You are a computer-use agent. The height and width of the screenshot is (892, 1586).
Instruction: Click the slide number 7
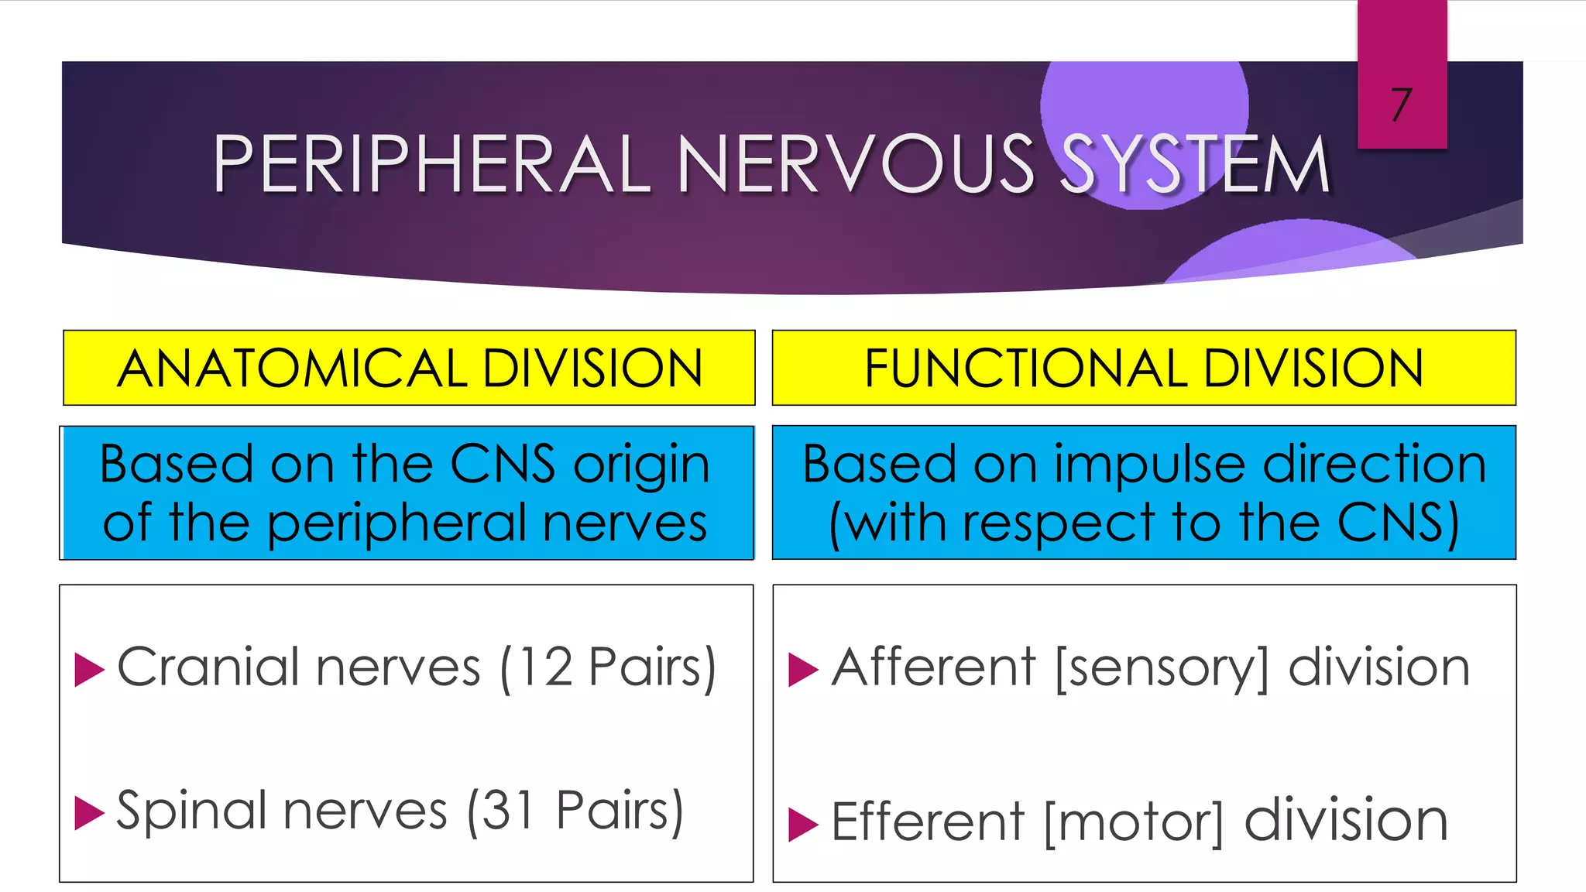1401,105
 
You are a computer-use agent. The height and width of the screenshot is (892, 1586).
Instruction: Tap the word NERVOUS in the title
856,164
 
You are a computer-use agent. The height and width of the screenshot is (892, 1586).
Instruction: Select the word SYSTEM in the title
1195,164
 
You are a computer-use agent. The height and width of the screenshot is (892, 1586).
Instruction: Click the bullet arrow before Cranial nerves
88,670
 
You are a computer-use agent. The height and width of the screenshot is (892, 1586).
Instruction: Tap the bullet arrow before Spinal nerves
88,813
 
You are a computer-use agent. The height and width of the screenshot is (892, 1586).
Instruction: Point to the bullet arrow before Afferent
802,670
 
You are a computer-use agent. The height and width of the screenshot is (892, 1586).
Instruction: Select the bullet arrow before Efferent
802,824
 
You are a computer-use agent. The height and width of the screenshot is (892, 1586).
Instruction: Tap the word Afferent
933,667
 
